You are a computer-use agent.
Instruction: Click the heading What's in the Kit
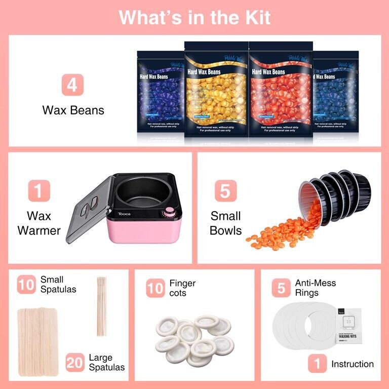tap(194, 17)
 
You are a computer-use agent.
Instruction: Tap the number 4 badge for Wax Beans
tap(72, 85)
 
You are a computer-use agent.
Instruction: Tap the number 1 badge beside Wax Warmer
tap(39, 191)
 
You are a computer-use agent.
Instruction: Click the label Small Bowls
tap(226, 223)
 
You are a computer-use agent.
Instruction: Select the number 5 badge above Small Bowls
tap(225, 191)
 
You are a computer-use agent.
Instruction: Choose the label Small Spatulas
tap(58, 284)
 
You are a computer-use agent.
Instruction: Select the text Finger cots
tap(182, 288)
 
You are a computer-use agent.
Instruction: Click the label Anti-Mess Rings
tap(315, 288)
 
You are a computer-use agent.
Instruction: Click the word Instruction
tap(352, 364)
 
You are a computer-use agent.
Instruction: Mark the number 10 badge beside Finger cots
tap(155, 288)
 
